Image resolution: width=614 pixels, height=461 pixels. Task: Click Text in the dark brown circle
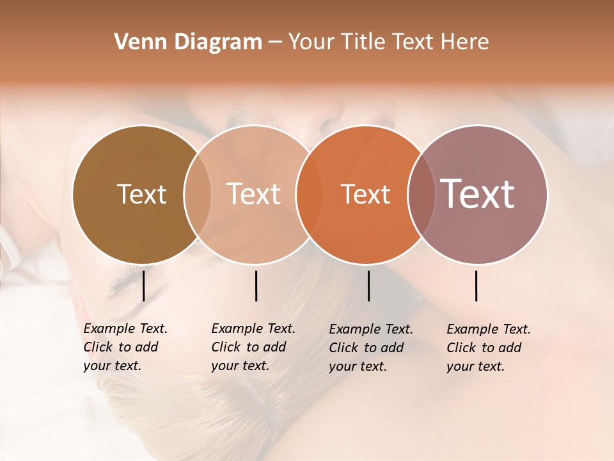pyautogui.click(x=141, y=194)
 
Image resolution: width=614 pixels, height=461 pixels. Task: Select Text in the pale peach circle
pyautogui.click(x=253, y=194)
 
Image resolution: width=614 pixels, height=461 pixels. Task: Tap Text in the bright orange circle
pyautogui.click(x=365, y=194)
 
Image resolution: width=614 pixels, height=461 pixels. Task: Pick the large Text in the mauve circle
pyautogui.click(x=477, y=194)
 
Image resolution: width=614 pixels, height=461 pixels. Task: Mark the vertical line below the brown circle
pyautogui.click(x=143, y=286)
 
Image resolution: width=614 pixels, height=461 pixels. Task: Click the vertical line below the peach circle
pyautogui.click(x=256, y=286)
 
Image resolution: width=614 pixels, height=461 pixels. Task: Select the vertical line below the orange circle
pyautogui.click(x=368, y=286)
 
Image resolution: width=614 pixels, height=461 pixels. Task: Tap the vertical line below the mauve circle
pyautogui.click(x=476, y=286)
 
